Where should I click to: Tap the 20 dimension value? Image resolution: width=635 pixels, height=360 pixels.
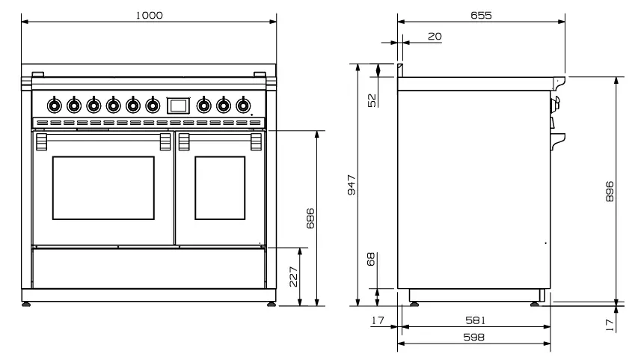[x=434, y=35]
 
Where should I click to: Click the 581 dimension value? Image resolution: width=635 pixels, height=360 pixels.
[x=473, y=320]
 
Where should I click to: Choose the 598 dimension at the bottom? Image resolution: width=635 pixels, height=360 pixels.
[x=473, y=338]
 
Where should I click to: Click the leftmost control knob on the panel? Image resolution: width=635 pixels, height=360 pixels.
[x=54, y=105]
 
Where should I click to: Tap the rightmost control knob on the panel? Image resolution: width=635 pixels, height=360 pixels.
[x=242, y=105]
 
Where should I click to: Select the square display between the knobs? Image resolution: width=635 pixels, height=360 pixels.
[x=177, y=105]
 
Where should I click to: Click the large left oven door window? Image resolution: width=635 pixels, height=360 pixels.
[x=103, y=188]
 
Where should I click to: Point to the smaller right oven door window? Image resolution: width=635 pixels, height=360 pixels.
[x=220, y=188]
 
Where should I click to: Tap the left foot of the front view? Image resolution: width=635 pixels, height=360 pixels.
[x=28, y=304]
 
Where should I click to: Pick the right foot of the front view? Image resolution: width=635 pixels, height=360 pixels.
[x=270, y=304]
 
